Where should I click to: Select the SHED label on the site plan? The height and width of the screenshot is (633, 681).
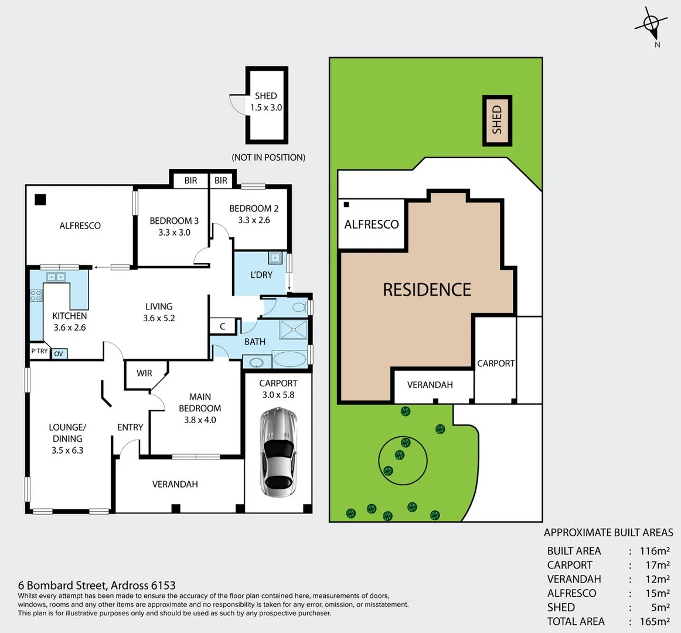[497, 120]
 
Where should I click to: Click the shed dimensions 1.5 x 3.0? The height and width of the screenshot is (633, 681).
[266, 108]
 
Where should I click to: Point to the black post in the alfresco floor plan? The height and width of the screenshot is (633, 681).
[40, 199]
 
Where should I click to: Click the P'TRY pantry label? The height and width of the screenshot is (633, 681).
[39, 351]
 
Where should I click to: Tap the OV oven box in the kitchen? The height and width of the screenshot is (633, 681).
[59, 353]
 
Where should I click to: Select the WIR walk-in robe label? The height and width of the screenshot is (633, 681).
[144, 373]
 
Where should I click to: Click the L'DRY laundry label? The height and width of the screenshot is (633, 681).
[261, 275]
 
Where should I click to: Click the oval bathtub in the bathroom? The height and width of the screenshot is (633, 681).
[290, 359]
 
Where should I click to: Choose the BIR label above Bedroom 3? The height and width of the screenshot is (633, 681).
[190, 181]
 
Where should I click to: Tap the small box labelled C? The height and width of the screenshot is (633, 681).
[223, 326]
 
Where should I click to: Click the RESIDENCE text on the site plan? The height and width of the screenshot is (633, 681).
[427, 290]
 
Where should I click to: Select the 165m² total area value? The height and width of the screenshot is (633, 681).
[654, 621]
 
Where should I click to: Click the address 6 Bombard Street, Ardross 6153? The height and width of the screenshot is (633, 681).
[97, 585]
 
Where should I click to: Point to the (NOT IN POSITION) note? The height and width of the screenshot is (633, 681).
[268, 157]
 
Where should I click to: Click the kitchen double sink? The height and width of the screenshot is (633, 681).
[56, 277]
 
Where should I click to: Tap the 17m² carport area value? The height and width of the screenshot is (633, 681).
[657, 565]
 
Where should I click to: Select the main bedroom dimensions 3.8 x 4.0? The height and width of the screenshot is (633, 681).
[200, 420]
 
